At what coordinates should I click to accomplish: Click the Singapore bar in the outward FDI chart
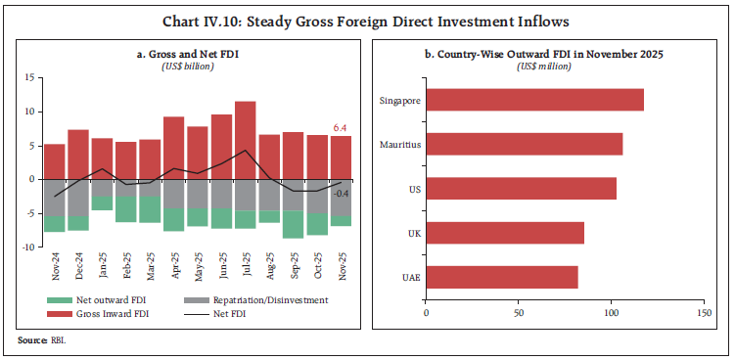click(x=534, y=101)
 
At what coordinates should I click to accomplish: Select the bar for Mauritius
click(x=524, y=144)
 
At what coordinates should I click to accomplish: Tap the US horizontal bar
click(x=521, y=188)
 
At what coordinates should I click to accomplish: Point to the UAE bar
click(x=502, y=277)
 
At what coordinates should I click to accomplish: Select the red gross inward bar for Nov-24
click(x=55, y=161)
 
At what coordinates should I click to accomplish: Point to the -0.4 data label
click(x=342, y=193)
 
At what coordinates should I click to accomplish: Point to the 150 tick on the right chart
click(x=704, y=314)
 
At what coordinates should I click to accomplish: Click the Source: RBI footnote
click(x=34, y=339)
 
